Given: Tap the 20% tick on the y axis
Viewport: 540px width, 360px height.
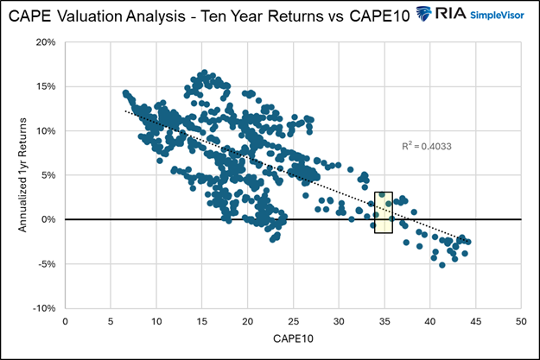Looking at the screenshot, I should point(48,41).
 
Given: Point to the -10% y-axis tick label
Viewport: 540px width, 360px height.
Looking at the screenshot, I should point(46,308).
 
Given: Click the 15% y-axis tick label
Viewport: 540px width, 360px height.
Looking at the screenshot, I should point(48,86).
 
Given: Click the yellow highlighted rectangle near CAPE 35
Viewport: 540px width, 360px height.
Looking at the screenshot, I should point(384,212).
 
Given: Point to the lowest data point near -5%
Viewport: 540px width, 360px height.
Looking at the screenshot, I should point(442,265).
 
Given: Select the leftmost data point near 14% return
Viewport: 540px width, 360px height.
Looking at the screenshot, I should point(125,92).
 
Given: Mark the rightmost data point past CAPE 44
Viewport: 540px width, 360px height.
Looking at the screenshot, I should point(467,242).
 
